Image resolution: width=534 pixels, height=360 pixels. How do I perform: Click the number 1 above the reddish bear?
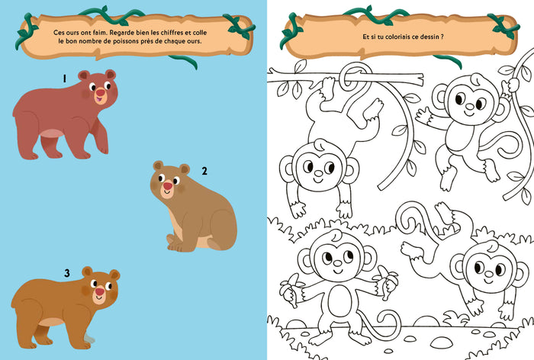pos(64,79)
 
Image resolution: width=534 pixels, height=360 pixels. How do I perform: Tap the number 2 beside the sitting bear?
pos(204,171)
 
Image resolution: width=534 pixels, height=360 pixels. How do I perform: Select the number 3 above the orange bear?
pos(67,273)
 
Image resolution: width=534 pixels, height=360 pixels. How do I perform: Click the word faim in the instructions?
pos(99,33)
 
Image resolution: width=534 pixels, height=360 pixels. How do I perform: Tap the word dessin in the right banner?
pos(429,37)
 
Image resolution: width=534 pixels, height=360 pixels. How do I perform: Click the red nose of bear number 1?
pos(101,92)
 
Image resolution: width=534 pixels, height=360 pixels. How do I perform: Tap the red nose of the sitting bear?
pos(168,186)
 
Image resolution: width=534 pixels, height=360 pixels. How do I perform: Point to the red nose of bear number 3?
pos(100,291)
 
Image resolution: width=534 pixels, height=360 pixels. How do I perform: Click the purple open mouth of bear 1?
pos(98,99)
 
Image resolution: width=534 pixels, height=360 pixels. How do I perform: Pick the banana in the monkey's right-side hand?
pos(388,282)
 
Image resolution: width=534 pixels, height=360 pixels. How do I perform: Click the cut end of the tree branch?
pos(420,79)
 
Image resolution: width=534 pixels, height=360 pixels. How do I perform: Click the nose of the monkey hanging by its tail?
pos(318,173)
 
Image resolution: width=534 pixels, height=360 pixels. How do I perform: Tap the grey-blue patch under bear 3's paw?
pos(90,339)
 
